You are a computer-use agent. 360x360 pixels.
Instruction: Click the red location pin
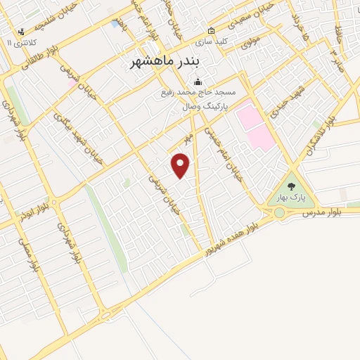click(x=181, y=165)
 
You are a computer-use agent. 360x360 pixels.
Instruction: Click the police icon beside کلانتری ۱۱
click(x=22, y=31)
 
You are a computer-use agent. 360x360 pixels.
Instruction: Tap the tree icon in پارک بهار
click(x=292, y=186)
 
